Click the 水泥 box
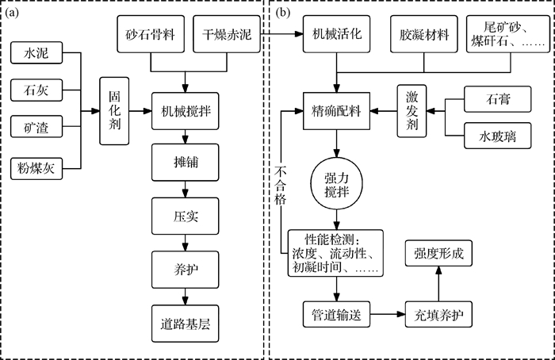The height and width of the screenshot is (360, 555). point(34,56)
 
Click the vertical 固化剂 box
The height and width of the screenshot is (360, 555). point(114,110)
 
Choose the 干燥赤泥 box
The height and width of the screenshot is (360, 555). point(227,36)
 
